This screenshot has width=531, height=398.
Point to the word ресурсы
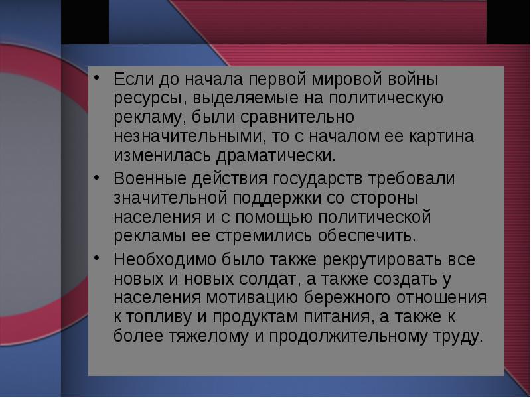pos(151,99)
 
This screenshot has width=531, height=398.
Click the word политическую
pos(386,99)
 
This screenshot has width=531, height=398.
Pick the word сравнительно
pos(297,118)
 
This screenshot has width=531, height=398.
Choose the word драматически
pos(275,157)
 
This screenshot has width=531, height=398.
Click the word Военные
pos(150,178)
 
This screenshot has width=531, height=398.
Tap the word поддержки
pos(277,198)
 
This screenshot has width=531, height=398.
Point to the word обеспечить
pos(366,236)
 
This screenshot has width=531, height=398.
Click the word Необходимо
pos(165,259)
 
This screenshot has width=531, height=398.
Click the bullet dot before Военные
pos(97,177)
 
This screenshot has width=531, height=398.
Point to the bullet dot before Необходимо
pos(97,258)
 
